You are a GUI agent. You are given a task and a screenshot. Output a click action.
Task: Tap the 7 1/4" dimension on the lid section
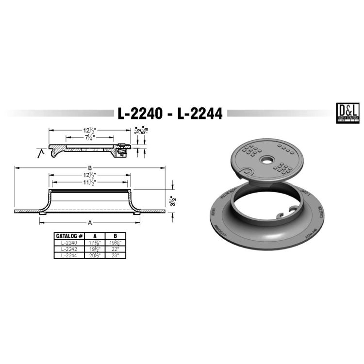click(88, 137)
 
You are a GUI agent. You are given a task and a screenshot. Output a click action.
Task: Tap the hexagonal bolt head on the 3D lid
click(247, 171)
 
